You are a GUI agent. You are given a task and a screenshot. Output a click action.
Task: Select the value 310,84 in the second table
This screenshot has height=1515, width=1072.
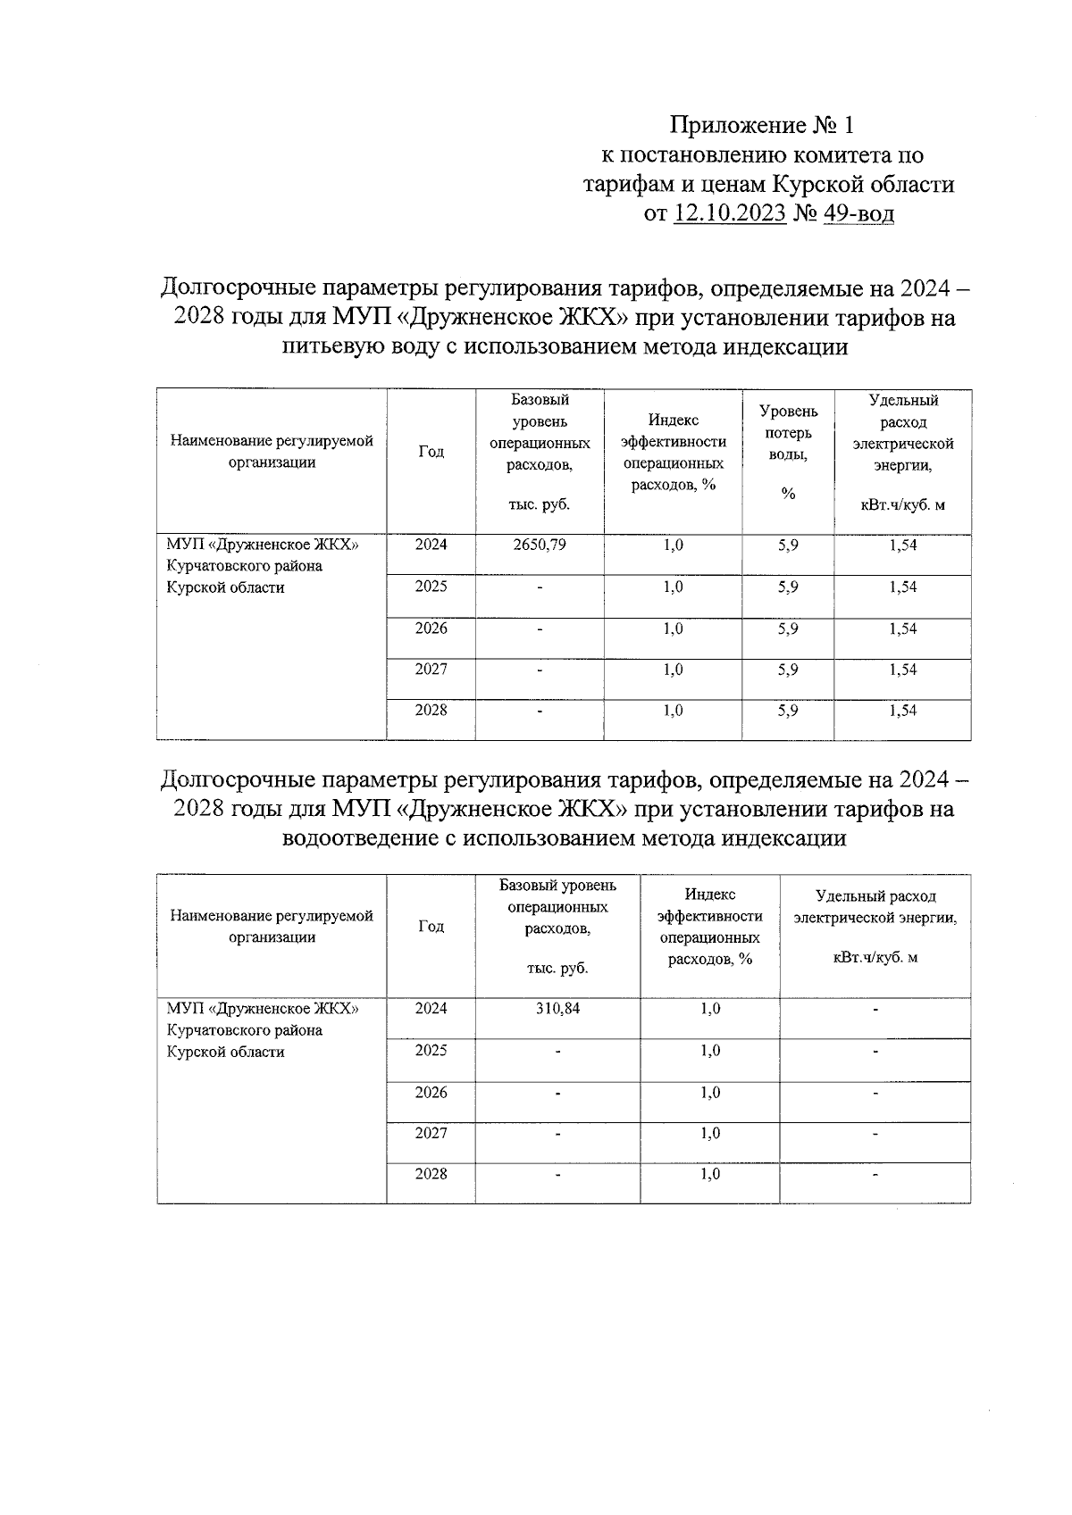pos(557,1009)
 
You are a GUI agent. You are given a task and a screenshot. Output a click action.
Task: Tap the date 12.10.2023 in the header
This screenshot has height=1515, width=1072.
pos(730,214)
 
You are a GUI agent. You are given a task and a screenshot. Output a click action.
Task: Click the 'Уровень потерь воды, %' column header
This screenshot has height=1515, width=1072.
pos(788,453)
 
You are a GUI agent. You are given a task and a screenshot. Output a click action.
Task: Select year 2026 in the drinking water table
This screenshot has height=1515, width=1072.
pos(431,628)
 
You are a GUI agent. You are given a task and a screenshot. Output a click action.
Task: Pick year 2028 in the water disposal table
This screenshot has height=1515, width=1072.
pos(431,1174)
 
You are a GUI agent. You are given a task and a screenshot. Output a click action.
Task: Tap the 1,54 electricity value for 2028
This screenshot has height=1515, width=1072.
pos(902,711)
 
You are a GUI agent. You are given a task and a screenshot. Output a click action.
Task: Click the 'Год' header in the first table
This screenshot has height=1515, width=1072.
pos(431,452)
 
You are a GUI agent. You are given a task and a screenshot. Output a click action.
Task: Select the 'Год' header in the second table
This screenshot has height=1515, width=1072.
pos(431,927)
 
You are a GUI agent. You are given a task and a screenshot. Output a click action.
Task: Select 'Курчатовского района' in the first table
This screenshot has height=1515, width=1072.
pos(245,566)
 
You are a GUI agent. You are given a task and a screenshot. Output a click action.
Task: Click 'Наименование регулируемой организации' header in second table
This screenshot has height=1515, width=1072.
pos(272,927)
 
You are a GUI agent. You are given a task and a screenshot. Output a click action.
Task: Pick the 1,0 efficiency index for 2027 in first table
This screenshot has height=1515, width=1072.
pos(673,670)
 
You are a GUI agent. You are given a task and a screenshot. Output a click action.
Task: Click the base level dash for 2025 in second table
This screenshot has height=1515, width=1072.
pos(557,1052)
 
